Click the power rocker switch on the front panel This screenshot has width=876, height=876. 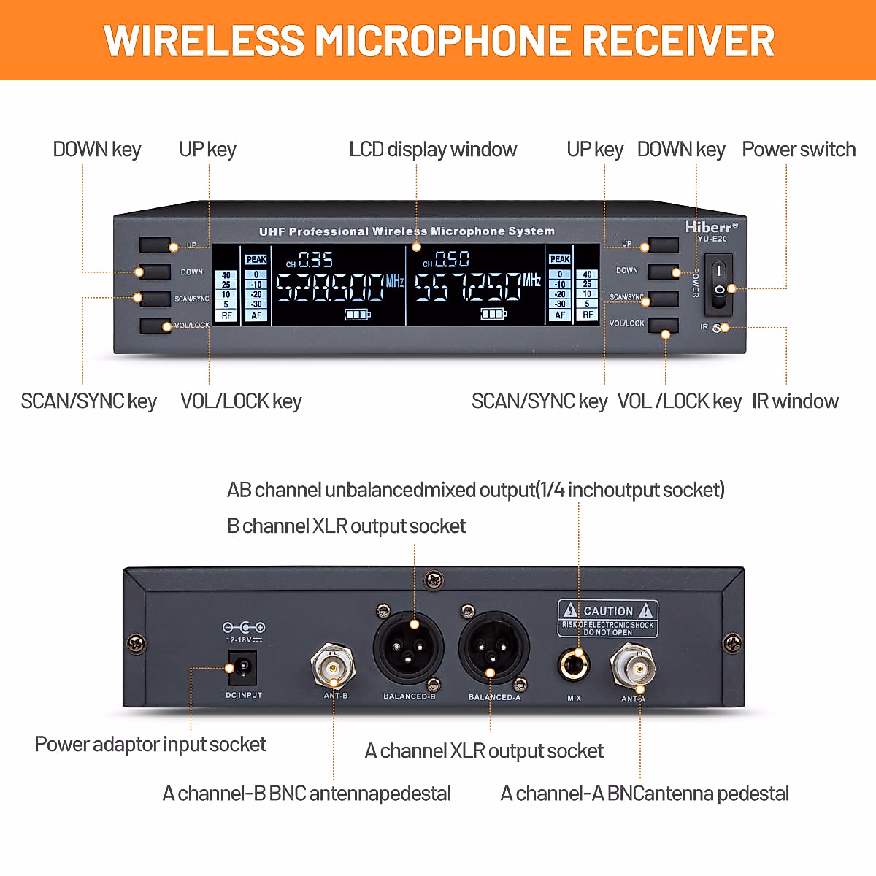point(719,280)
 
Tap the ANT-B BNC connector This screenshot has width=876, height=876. point(333,664)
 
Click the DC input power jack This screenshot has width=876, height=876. point(242,667)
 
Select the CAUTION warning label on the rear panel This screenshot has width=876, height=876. point(608,618)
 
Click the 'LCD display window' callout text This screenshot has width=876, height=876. point(433,150)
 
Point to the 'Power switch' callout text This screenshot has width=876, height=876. point(799,150)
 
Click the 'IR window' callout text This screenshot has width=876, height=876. point(795,401)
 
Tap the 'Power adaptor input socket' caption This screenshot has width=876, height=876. point(150,744)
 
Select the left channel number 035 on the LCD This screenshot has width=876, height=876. point(315,260)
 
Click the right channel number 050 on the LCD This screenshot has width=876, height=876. point(452,260)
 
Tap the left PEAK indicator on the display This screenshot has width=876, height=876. point(256,259)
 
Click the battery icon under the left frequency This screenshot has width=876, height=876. point(357,315)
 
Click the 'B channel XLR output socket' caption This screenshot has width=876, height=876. point(346,526)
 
